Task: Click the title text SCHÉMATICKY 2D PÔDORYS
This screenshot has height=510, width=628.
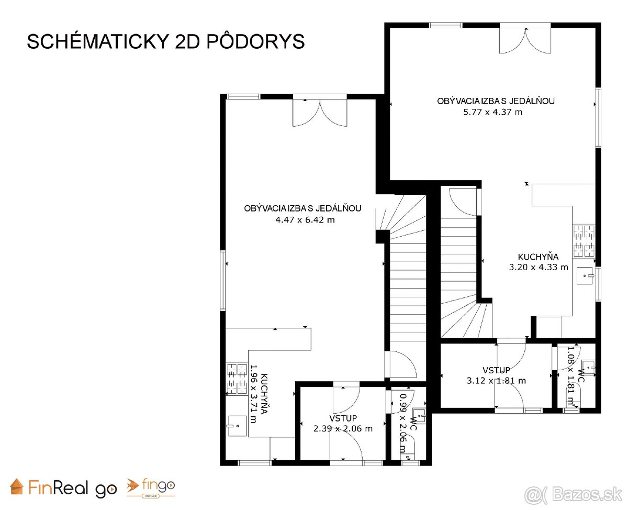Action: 165,41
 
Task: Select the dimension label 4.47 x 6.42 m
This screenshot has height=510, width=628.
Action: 305,220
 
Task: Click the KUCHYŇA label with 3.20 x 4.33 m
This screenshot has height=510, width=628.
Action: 538,257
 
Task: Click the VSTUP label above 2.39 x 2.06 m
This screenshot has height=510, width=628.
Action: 343,418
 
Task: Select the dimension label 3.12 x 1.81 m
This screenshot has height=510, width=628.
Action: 496,381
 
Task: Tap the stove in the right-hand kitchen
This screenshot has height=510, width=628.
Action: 584,241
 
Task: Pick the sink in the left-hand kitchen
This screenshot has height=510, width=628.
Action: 236,426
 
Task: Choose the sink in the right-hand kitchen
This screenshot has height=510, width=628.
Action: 585,275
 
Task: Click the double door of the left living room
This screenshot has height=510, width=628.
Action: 319,111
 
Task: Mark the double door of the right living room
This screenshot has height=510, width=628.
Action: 525,38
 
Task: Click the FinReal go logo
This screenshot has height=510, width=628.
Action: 64,488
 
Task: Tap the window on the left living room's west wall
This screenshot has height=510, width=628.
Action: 223,281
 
